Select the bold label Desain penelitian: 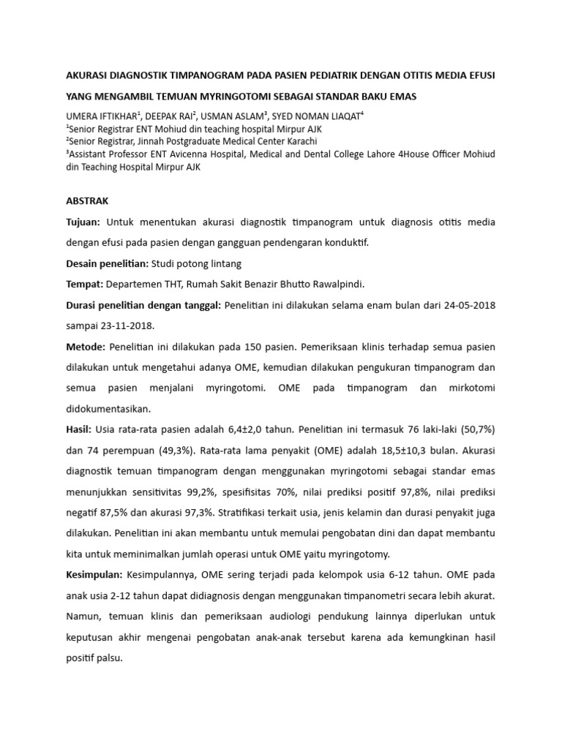tap(107, 263)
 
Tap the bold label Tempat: tap(84, 284)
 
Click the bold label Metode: tap(85, 347)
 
